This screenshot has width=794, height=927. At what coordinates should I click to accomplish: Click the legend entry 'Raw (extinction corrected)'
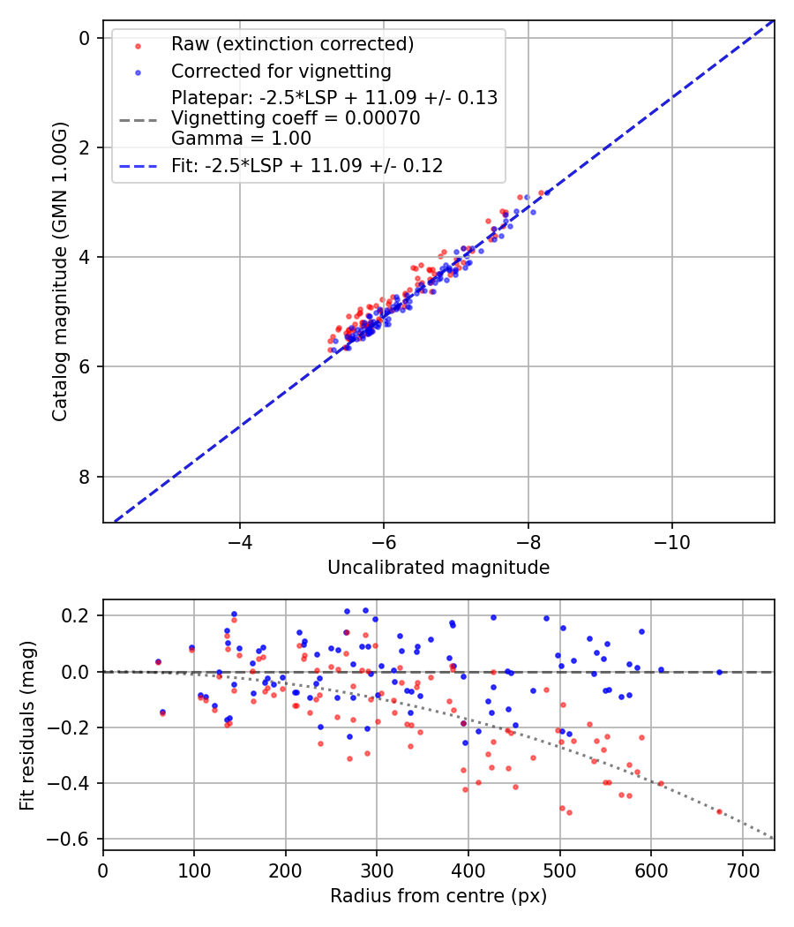[292, 44]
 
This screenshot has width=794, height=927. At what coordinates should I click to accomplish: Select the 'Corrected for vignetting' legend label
[281, 71]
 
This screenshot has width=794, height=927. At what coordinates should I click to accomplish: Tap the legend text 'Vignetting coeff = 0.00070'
[296, 118]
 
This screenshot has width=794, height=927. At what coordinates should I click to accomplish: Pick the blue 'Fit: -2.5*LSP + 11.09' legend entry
[307, 165]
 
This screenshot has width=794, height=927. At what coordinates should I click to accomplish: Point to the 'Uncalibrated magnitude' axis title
[438, 568]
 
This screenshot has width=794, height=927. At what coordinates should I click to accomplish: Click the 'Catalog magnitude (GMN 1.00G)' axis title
[60, 270]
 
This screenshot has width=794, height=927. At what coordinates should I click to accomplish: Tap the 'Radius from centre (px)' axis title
[438, 896]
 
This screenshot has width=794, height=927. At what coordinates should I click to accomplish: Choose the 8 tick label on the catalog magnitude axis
[85, 477]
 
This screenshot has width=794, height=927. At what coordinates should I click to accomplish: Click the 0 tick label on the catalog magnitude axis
[85, 38]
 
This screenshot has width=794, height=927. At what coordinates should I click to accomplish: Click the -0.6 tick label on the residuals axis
[74, 839]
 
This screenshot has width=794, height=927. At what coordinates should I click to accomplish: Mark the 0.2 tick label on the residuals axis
[79, 615]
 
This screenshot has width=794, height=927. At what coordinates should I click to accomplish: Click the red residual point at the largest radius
[719, 811]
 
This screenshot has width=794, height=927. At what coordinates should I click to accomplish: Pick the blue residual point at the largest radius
[719, 672]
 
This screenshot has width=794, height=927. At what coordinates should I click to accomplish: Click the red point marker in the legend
[137, 44]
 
